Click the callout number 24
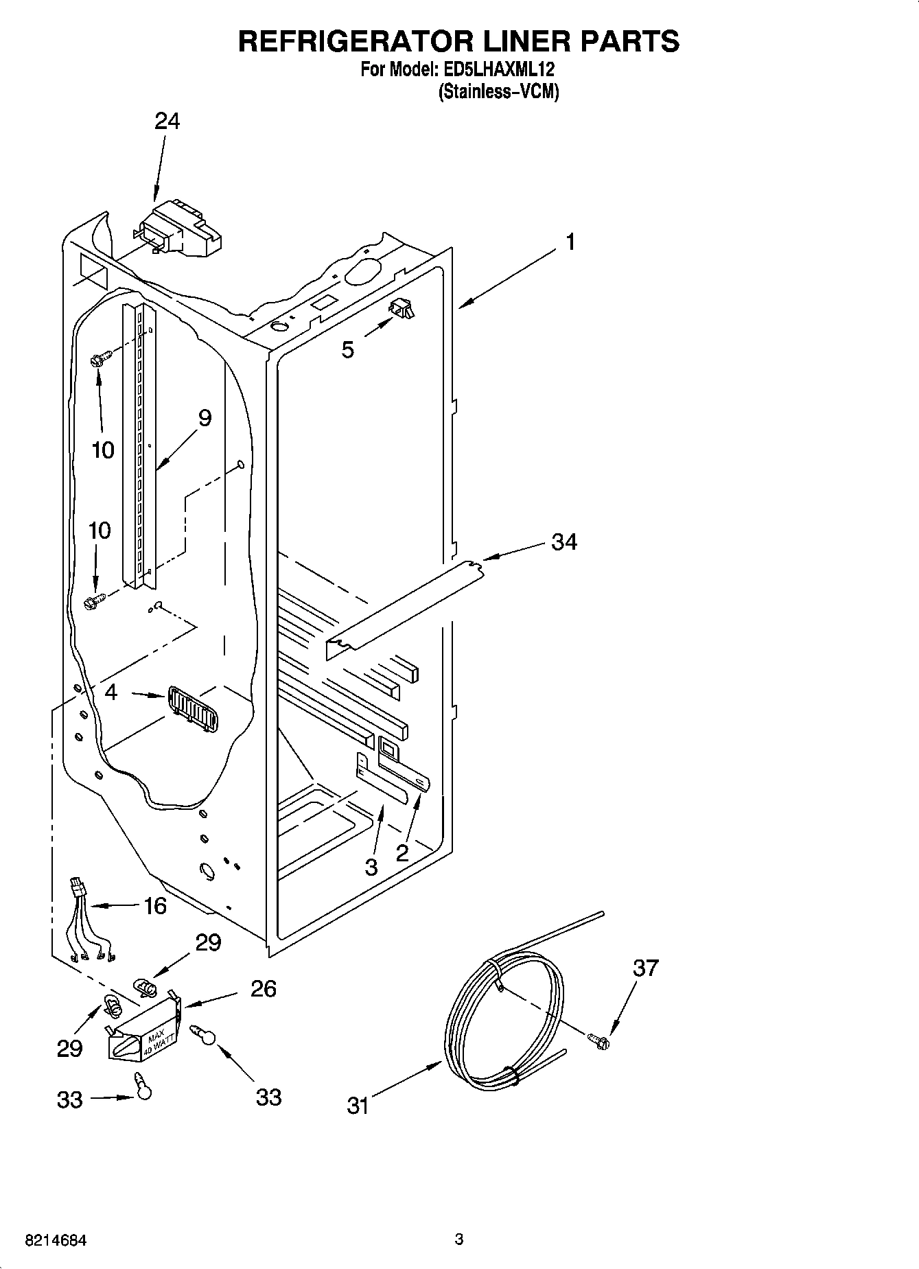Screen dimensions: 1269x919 point(167,121)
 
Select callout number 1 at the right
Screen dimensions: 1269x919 point(570,242)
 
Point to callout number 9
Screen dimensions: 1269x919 point(205,418)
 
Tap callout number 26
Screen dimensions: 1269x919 point(264,988)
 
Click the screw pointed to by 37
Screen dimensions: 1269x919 point(599,1041)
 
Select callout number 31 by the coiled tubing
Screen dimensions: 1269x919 point(358,1106)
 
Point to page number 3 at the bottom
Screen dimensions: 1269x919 point(459,1239)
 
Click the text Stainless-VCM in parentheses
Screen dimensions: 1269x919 point(498,92)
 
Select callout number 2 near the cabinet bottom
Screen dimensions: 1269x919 point(402,853)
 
